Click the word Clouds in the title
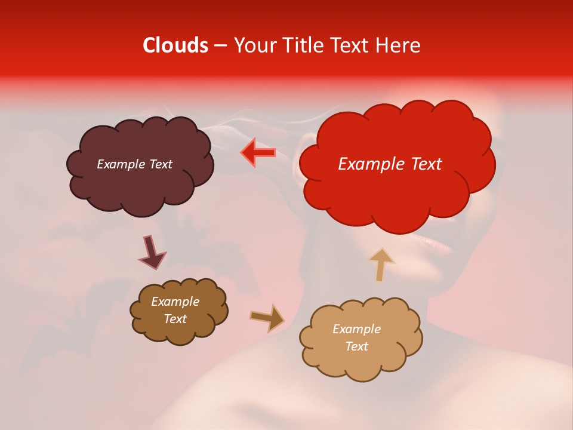[175, 45]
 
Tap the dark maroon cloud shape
[140, 179]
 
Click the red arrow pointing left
[258, 153]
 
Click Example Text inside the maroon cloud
[134, 164]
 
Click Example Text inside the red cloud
[390, 164]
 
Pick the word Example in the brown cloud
[175, 302]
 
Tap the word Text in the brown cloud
[175, 319]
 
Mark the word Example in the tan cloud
[356, 329]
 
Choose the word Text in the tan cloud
[356, 346]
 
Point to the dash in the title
[220, 46]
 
